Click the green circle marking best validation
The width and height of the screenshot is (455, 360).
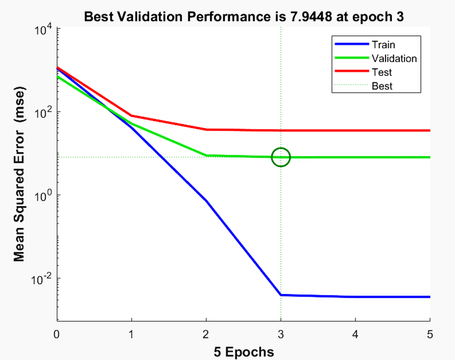point(281,157)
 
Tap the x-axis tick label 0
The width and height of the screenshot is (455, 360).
point(56,334)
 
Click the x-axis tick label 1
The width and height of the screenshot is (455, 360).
point(131,334)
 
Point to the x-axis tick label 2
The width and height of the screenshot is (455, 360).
point(206,334)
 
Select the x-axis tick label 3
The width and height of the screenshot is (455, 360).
point(280,334)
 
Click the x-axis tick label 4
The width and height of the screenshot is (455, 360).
point(355,334)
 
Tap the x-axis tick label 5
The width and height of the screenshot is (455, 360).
point(430,334)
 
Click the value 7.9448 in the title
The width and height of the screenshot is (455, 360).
point(311,17)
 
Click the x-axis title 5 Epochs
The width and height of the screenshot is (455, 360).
point(244,352)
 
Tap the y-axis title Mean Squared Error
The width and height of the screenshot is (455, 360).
point(19,174)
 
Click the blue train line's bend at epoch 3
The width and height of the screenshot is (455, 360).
point(281,295)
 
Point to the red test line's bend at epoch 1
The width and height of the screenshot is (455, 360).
point(132,116)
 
